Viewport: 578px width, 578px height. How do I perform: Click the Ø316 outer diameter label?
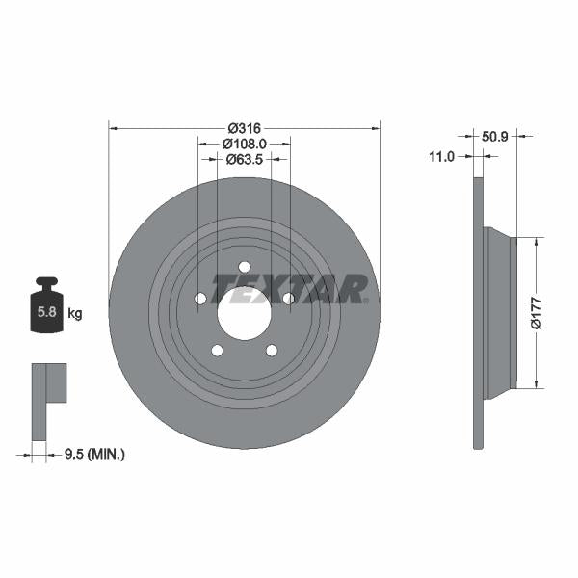(245, 127)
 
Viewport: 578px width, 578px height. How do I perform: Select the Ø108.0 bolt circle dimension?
(245, 143)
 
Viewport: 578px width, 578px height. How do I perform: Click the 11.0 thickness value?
(441, 156)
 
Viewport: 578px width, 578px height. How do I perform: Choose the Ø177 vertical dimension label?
(538, 314)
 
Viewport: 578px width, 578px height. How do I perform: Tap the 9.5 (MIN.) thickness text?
(92, 453)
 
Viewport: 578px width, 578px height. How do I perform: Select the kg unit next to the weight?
(75, 313)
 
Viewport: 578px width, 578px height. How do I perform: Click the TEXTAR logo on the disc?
(288, 288)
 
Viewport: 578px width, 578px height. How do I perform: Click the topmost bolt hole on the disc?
(244, 267)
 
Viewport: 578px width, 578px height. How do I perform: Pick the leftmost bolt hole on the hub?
(200, 299)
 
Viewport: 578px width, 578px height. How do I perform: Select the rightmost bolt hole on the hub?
(288, 299)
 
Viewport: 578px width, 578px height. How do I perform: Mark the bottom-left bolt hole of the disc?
(217, 350)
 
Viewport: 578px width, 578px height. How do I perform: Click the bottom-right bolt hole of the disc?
(271, 350)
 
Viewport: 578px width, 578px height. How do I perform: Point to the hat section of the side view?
(499, 313)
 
